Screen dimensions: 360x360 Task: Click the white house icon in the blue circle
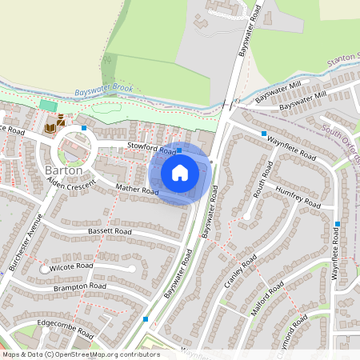point(180,172)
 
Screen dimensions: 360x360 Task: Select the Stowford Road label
point(151,147)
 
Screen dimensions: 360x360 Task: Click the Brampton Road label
point(80,286)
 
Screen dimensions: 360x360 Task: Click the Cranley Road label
point(240,274)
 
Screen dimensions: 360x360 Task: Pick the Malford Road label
point(266,300)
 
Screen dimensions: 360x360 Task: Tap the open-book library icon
point(50,128)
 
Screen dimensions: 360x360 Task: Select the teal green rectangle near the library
point(48,106)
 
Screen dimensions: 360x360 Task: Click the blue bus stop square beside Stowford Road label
point(179,150)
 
